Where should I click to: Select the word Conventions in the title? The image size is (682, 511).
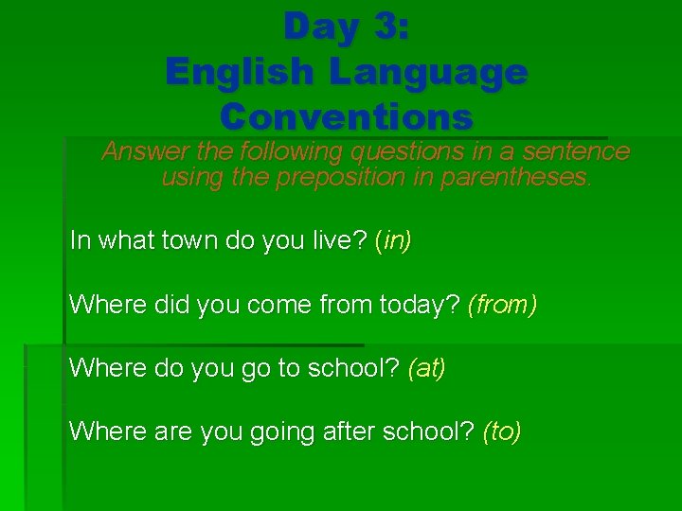click(346, 117)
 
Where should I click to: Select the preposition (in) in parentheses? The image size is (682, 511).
click(393, 240)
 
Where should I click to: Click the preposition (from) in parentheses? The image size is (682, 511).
click(503, 305)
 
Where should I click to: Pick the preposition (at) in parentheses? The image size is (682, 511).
click(426, 368)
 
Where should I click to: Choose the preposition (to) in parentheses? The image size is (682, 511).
click(502, 432)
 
